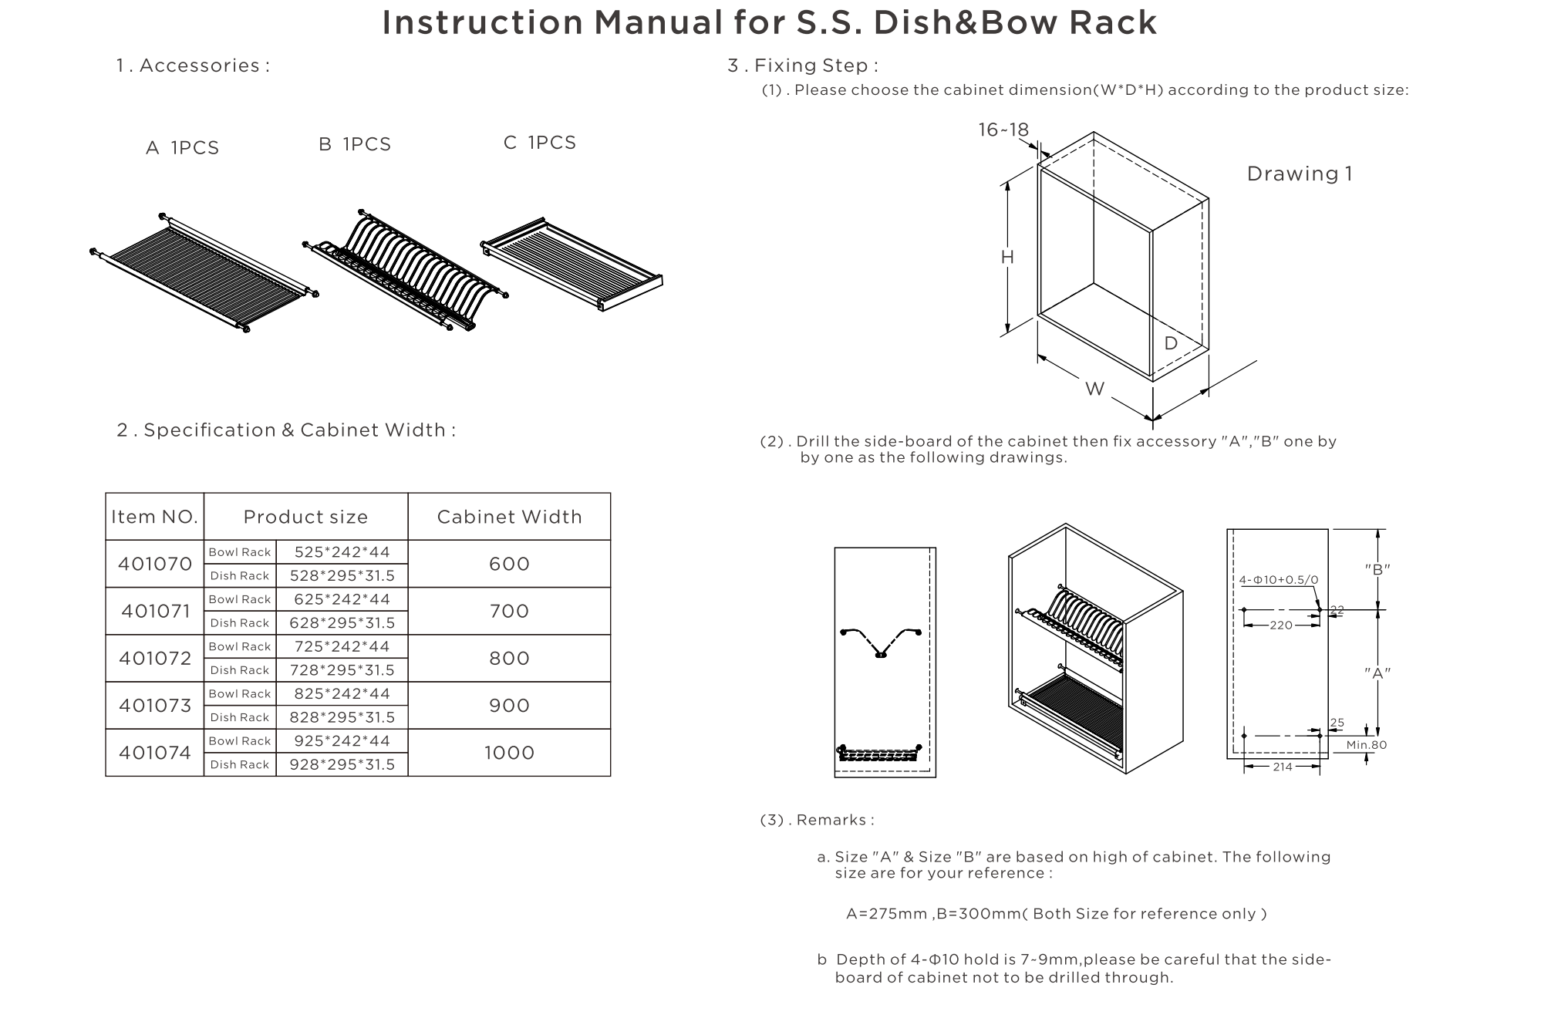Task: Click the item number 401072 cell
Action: coord(155,658)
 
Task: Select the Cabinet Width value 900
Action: coord(509,705)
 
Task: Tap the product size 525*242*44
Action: coord(342,551)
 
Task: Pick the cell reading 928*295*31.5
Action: coord(342,764)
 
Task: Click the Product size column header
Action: coord(305,517)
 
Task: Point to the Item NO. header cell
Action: coord(154,517)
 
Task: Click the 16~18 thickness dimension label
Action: coord(1003,130)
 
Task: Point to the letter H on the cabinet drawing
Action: coord(1007,258)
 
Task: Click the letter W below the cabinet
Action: coord(1094,389)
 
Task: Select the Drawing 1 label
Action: coord(1300,174)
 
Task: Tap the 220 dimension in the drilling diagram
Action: coord(1281,625)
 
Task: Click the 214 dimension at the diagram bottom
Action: coord(1282,767)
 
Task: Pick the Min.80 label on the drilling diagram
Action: coord(1366,745)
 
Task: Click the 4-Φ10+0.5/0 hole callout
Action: coord(1279,580)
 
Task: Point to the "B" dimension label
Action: coord(1377,569)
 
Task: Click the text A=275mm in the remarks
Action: coord(886,914)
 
